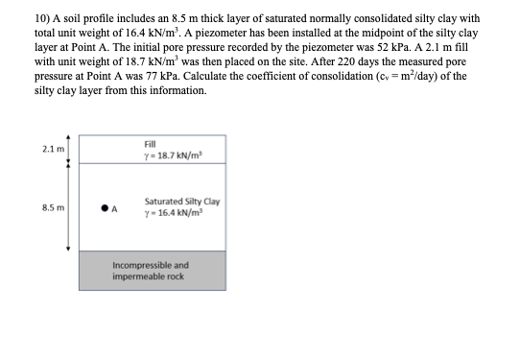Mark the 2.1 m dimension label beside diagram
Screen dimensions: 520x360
[53, 148]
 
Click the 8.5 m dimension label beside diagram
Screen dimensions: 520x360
[53, 205]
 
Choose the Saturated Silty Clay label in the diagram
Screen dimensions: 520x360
[181, 201]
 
